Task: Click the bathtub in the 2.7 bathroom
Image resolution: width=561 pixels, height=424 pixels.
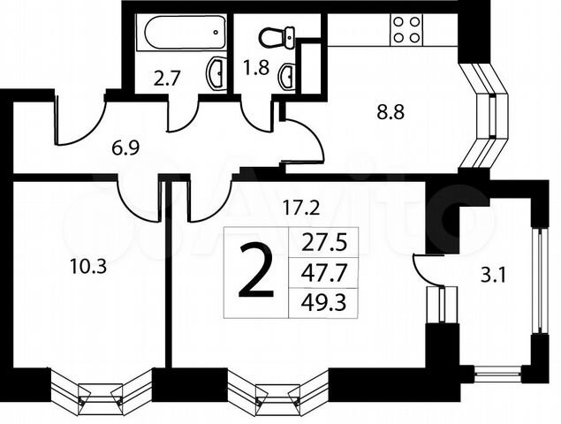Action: pyautogui.click(x=181, y=33)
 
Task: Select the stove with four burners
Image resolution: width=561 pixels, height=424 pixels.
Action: pyautogui.click(x=406, y=30)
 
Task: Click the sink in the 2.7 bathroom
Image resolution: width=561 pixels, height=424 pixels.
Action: pyautogui.click(x=215, y=73)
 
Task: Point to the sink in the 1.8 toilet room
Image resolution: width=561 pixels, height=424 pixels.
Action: pyautogui.click(x=286, y=77)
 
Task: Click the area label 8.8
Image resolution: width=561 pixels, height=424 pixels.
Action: pyautogui.click(x=390, y=112)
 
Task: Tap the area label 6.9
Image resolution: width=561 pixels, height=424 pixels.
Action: pyautogui.click(x=125, y=148)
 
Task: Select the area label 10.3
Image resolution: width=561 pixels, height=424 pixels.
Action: pyautogui.click(x=88, y=267)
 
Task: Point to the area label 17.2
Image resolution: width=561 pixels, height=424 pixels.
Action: pyautogui.click(x=301, y=208)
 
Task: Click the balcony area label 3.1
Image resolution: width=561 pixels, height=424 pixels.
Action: pyautogui.click(x=493, y=276)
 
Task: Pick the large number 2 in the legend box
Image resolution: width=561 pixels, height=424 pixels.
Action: pyautogui.click(x=256, y=271)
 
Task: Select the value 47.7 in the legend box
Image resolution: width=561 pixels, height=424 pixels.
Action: pyautogui.click(x=324, y=274)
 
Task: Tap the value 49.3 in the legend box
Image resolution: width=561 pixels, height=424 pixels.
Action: pyautogui.click(x=324, y=304)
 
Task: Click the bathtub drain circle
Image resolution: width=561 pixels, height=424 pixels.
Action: pyautogui.click(x=216, y=32)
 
